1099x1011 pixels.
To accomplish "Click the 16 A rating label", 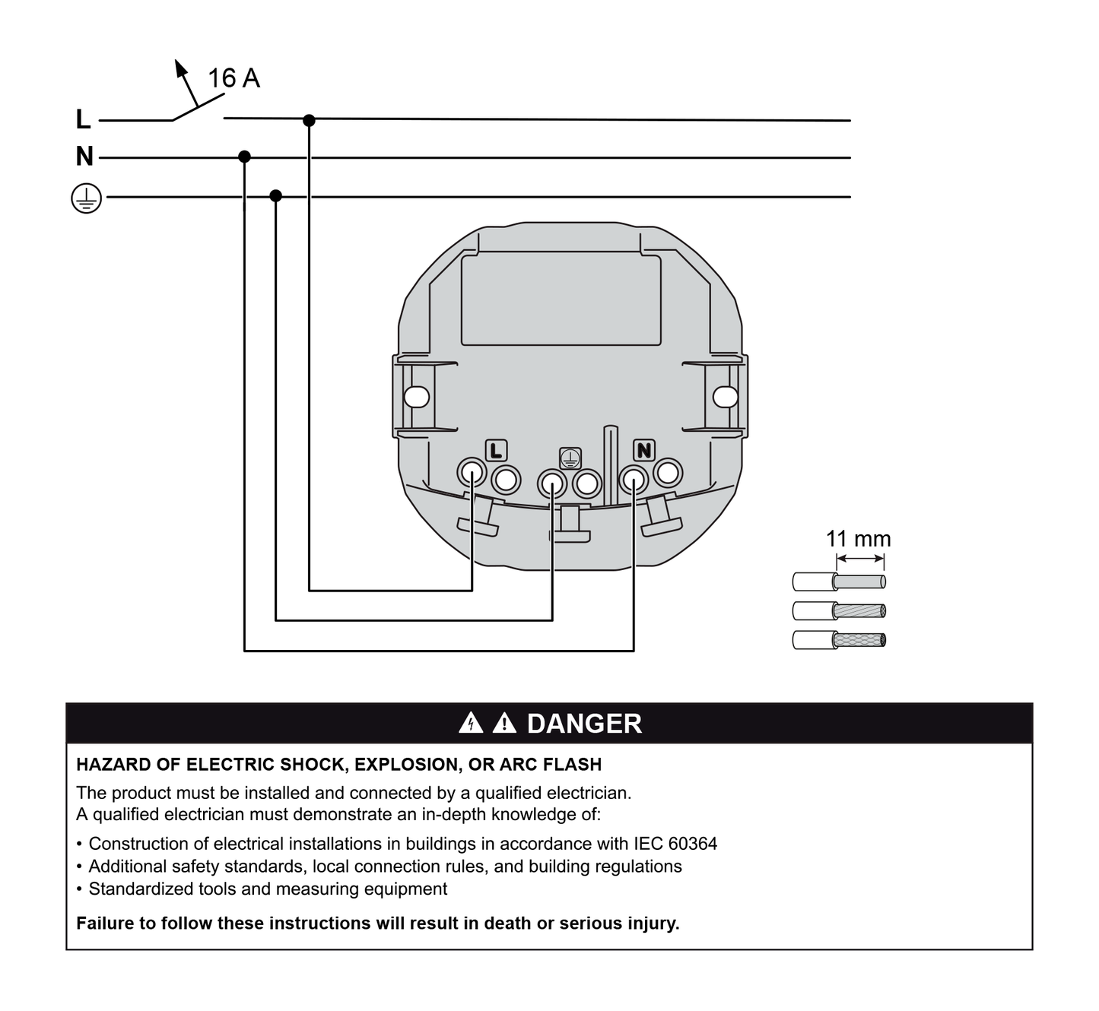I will coord(233,78).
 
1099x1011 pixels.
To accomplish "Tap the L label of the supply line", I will coord(83,119).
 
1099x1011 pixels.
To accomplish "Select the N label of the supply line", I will coord(84,157).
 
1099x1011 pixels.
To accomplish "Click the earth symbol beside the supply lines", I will coord(86,198).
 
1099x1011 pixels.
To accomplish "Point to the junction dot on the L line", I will coord(309,120).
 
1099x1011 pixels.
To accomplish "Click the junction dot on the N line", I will coord(244,157).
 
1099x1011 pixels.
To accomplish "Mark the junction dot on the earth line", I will coord(276,196).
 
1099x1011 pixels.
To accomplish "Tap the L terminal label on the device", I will coord(496,451).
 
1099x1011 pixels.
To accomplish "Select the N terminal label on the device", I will coord(644,451).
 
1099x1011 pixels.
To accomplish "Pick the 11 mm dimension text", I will coord(858,539).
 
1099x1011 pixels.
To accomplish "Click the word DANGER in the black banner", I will coord(584,724).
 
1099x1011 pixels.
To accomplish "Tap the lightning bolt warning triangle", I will coord(472,723).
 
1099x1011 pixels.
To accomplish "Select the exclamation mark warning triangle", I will coord(504,723).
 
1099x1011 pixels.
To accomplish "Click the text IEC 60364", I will coord(675,844).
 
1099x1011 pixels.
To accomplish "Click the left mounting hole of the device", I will coord(416,397).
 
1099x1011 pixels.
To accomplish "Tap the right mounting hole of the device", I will coord(725,397).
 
